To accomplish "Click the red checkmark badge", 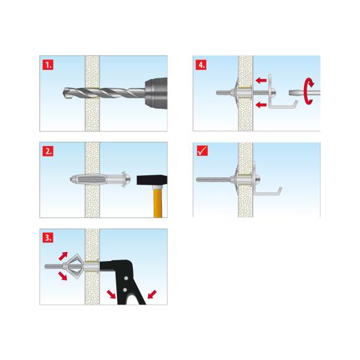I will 201,150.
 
